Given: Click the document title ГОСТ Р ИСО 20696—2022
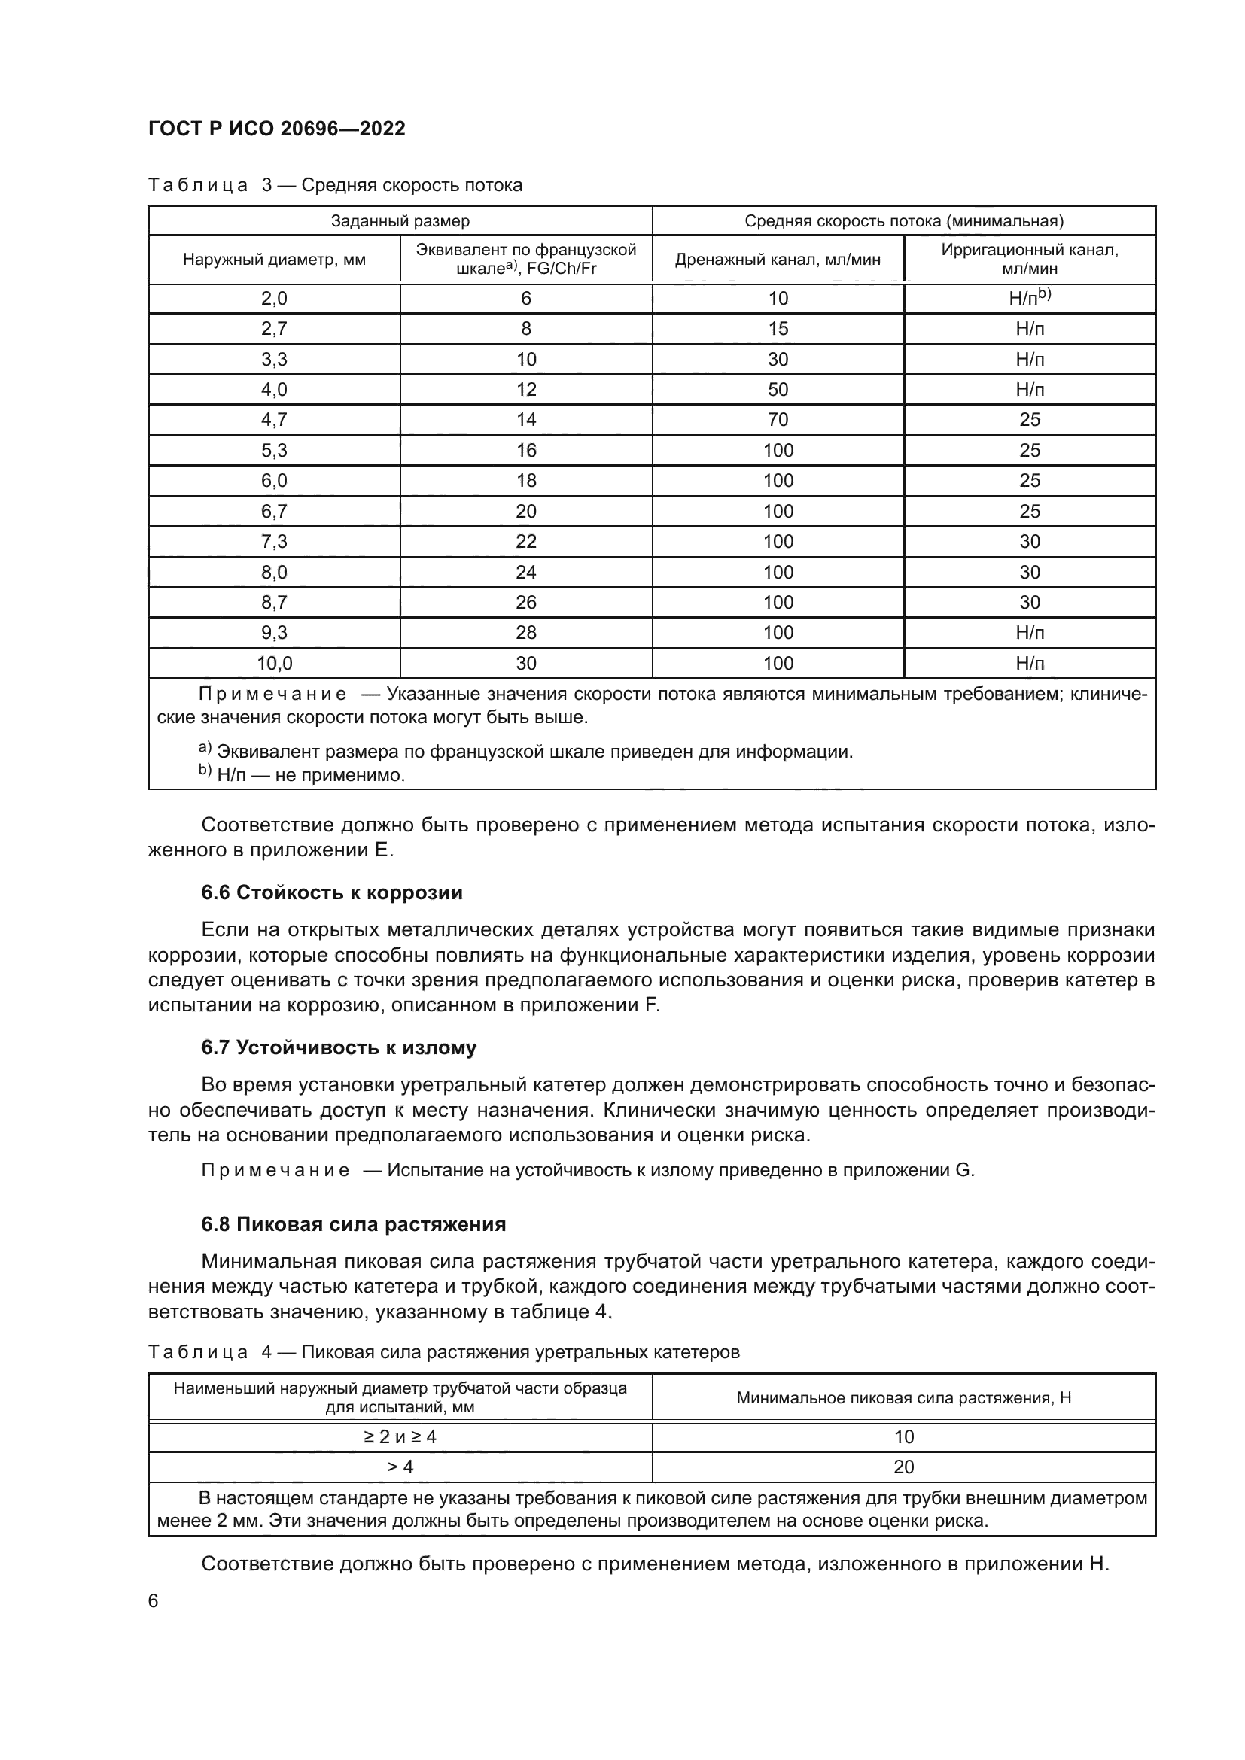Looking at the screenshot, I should (x=277, y=129).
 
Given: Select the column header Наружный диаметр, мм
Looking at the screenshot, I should (x=274, y=260).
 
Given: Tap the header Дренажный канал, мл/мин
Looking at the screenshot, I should (x=778, y=260).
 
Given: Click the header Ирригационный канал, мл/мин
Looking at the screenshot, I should (x=1029, y=259).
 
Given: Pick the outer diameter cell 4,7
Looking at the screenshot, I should (x=274, y=420).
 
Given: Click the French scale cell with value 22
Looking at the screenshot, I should (x=526, y=542).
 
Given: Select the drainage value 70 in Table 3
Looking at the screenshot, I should (x=778, y=420).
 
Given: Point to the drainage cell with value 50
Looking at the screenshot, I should (x=778, y=390).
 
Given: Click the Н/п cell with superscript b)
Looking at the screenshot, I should (x=1029, y=298).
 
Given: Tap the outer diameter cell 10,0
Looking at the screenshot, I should (x=274, y=663).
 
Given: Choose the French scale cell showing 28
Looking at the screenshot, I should (x=526, y=633).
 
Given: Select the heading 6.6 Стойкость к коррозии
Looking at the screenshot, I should (x=331, y=893).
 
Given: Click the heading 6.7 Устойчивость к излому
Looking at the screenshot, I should (x=338, y=1048).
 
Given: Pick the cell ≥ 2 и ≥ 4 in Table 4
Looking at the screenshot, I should (x=400, y=1437).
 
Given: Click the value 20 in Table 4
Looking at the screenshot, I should (x=903, y=1467).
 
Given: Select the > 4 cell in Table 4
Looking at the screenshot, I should (x=400, y=1467).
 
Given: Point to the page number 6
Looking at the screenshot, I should (x=154, y=1601).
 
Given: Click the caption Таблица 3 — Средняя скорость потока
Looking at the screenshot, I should (x=335, y=186).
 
